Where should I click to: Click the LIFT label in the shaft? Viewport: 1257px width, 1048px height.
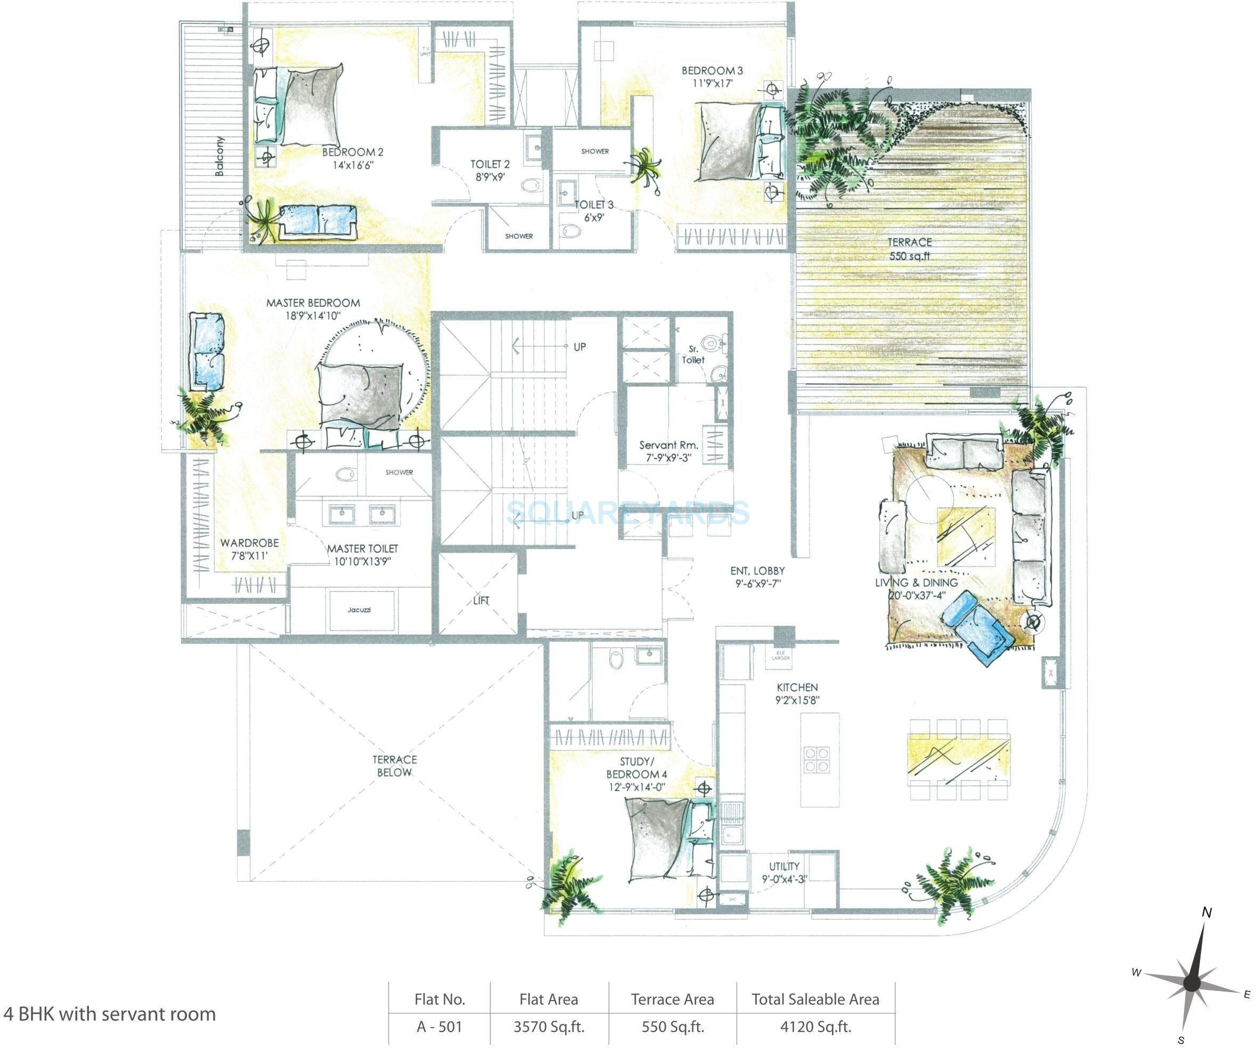point(480,600)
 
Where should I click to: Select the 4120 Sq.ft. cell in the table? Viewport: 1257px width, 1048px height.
point(815,1027)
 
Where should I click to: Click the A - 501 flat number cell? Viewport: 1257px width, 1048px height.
point(439,1027)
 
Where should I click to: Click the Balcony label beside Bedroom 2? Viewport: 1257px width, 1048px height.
point(219,156)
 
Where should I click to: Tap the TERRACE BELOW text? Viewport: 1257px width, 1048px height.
point(395,766)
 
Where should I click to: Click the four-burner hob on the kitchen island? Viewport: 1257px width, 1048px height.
point(817,759)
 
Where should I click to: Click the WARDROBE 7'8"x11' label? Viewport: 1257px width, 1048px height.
point(250,549)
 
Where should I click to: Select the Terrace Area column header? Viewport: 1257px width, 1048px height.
point(672,999)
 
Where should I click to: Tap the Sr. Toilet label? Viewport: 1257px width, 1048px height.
point(693,354)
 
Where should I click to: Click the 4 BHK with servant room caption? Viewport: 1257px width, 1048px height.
point(110,1013)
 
